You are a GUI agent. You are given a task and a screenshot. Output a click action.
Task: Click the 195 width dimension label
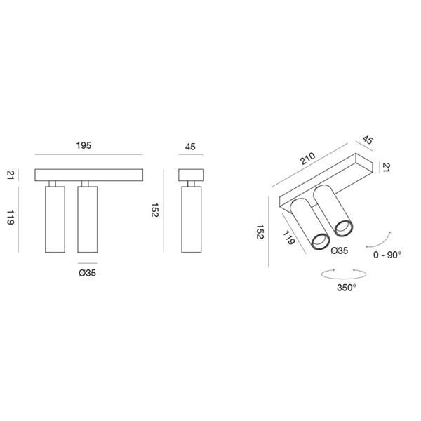click(x=83, y=145)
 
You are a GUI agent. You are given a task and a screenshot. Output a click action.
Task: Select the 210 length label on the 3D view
click(x=308, y=159)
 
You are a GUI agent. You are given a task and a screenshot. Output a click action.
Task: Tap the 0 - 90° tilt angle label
click(x=387, y=255)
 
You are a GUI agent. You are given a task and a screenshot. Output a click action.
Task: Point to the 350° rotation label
click(x=347, y=288)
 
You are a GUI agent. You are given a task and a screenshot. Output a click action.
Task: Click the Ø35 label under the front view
click(x=87, y=273)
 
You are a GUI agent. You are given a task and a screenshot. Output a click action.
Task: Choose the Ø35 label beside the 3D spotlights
click(x=340, y=250)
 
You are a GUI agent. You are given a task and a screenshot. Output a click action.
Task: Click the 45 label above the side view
click(x=190, y=147)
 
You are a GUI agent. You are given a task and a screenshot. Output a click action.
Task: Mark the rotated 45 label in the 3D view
click(x=368, y=140)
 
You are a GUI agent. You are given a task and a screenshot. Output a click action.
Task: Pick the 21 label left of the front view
click(x=11, y=175)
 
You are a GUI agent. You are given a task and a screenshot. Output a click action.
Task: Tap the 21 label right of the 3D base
click(x=385, y=167)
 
